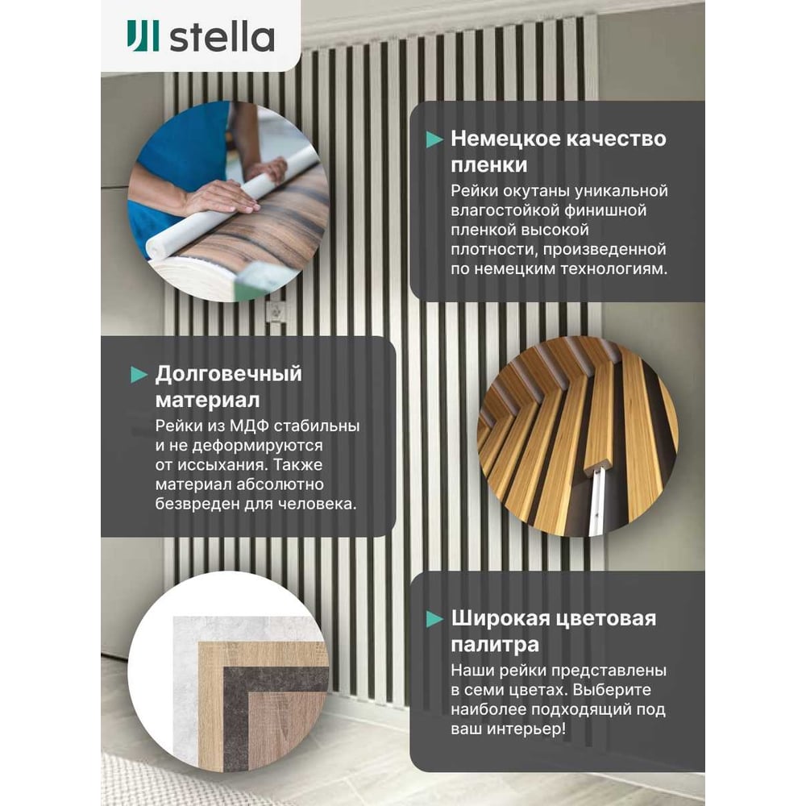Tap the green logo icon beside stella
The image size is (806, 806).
(143, 36)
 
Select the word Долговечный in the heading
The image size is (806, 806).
(229, 374)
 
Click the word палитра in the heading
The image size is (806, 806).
(495, 645)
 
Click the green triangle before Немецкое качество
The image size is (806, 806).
(434, 139)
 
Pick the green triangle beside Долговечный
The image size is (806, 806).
(139, 375)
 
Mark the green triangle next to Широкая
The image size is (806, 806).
(434, 619)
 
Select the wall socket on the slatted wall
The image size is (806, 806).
(276, 311)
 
